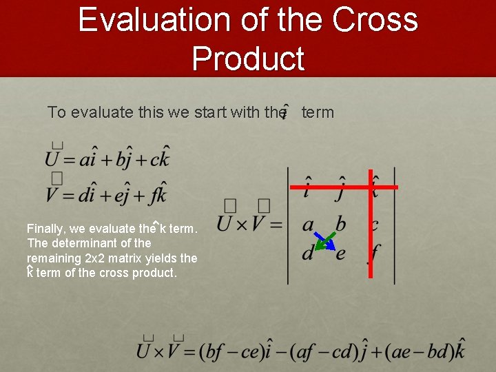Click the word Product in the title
pos(248,58)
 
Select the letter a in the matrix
pos(309,224)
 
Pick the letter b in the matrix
pos(340,224)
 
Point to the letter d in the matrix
pos(308,253)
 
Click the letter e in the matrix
pos(340,254)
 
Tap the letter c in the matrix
pos(375,225)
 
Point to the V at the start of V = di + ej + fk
pos(53,194)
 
